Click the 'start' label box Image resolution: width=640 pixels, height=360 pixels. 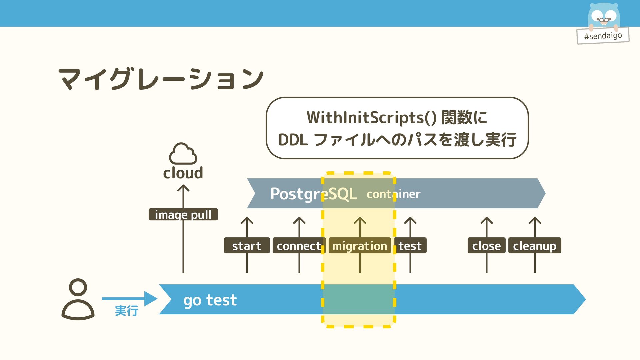pos(247,245)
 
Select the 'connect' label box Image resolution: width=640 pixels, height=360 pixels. pos(299,245)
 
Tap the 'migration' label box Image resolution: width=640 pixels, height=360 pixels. pos(360,245)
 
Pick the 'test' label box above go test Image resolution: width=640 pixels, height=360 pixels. pos(410,245)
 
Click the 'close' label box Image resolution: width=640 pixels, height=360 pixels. pos(486,245)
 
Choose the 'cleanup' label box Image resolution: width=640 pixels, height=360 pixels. pos(535,245)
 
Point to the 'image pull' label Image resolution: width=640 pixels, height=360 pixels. pos(183,214)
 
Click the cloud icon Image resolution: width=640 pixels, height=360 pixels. pos(183,154)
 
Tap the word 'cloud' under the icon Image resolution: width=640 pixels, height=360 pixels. pos(183,173)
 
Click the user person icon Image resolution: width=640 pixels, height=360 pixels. pos(78,299)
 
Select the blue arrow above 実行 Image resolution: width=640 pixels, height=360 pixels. pos(130,298)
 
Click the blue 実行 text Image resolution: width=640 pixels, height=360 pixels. pos(127,311)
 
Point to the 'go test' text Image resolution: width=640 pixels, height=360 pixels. pos(210,300)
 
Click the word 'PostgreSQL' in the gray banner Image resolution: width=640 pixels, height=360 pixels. pos(314,194)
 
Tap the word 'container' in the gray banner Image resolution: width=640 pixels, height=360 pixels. pos(393,194)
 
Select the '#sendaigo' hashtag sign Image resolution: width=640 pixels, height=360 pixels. pos(603,35)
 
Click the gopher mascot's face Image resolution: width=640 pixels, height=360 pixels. pos(604,15)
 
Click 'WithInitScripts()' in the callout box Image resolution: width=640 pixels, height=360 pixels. pos(372,117)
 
